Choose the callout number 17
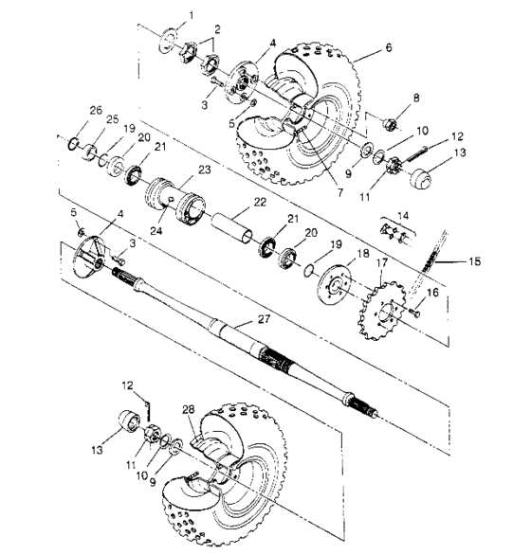382,262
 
